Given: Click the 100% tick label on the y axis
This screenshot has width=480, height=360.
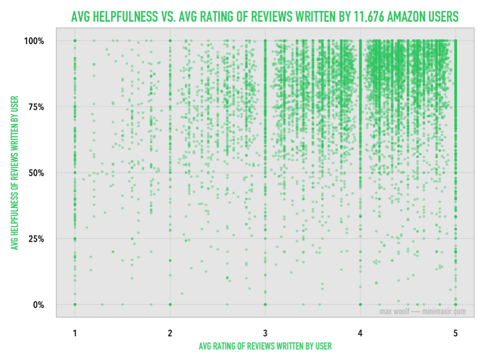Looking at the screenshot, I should [34, 41].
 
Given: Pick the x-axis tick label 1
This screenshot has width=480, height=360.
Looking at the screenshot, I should [75, 332].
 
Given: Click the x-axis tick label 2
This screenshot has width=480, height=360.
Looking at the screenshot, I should [170, 332].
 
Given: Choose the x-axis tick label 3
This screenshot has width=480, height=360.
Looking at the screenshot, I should [265, 332].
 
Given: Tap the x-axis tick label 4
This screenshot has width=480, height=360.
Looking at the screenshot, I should [360, 332].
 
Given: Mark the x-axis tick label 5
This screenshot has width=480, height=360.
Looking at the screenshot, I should [455, 332].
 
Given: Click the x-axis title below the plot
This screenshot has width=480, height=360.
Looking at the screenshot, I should [265, 346].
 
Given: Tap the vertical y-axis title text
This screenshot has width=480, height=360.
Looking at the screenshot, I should [14, 172].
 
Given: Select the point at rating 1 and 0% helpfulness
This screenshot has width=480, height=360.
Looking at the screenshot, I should [75, 304].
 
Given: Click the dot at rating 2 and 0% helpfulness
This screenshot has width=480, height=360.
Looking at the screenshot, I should [170, 304].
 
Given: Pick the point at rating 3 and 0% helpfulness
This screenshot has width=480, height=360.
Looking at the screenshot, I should [265, 304].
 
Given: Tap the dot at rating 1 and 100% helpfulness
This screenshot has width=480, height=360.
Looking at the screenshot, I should [75, 41].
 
